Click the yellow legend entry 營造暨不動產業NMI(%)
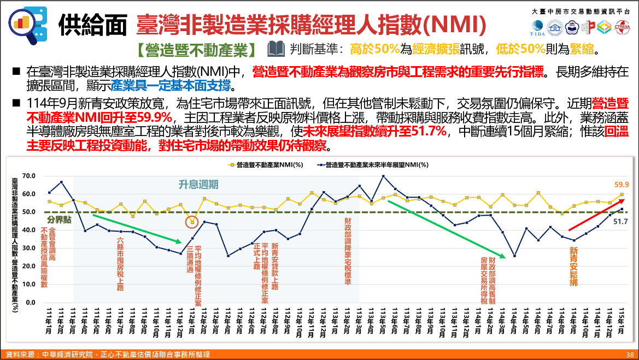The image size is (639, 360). point(265,164)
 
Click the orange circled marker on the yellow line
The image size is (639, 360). point(192,222)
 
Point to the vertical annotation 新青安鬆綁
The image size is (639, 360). point(573,267)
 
